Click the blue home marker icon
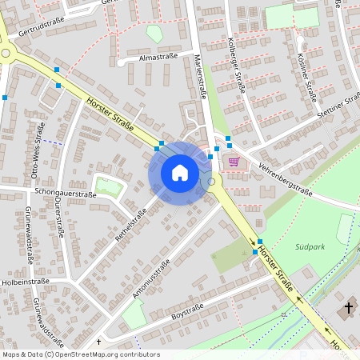point(179,173)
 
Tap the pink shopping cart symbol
point(234,161)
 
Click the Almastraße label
point(157,58)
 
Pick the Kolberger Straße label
point(237,64)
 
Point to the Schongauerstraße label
point(66,194)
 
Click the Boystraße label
point(188,310)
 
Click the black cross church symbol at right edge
point(349,307)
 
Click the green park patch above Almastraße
point(154,34)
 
